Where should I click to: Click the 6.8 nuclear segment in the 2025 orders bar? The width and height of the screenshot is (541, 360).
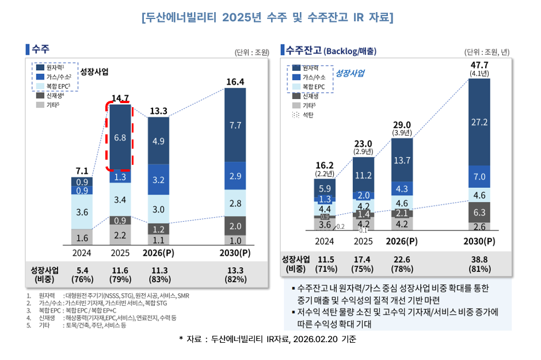click(121, 138)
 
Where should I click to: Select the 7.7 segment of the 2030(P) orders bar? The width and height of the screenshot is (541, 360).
click(235, 125)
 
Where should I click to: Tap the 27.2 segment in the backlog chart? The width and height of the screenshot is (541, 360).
click(479, 123)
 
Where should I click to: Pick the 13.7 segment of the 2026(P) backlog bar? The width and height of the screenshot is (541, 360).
click(402, 160)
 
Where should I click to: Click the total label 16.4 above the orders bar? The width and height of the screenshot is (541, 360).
click(235, 82)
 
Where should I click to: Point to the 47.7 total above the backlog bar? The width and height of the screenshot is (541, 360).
click(479, 64)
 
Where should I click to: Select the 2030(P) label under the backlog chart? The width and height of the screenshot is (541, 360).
click(479, 241)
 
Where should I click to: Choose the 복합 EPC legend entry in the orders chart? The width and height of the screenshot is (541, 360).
click(58, 86)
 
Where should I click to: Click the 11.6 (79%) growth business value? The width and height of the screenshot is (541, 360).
click(120, 274)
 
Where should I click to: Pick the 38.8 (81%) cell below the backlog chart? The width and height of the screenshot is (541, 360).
click(479, 264)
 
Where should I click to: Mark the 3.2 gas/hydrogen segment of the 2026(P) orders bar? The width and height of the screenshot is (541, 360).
click(159, 179)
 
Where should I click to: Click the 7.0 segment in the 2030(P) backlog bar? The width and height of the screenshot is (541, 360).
click(479, 177)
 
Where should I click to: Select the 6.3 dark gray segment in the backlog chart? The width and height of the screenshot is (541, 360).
click(479, 212)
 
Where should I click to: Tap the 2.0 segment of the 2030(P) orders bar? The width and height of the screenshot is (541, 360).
click(235, 226)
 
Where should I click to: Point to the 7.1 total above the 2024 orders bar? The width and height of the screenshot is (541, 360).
click(82, 170)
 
